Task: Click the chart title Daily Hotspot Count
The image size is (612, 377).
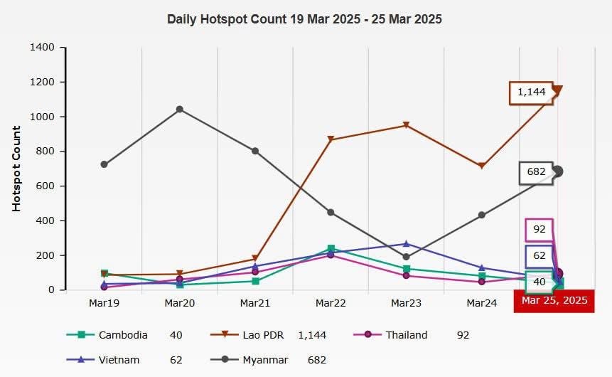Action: click(304, 19)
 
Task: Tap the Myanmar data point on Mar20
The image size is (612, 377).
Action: click(180, 110)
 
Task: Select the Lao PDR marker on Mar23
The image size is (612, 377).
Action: click(406, 126)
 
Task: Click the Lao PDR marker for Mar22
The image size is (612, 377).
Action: click(331, 140)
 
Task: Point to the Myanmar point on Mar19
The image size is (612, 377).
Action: click(104, 164)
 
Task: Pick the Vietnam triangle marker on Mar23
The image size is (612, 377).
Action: click(406, 244)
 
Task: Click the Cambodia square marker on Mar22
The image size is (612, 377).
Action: click(331, 249)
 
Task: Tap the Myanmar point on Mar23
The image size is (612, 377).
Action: click(406, 257)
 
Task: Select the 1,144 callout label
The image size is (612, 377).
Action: click(531, 92)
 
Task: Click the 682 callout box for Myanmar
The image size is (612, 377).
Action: click(537, 172)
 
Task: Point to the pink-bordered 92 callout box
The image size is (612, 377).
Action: click(539, 230)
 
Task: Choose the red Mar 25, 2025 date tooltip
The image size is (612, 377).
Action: click(554, 300)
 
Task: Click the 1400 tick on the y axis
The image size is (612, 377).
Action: click(43, 48)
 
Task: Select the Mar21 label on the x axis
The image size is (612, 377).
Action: click(255, 303)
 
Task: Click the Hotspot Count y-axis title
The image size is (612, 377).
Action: click(16, 169)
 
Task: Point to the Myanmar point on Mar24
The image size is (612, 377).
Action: click(482, 215)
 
